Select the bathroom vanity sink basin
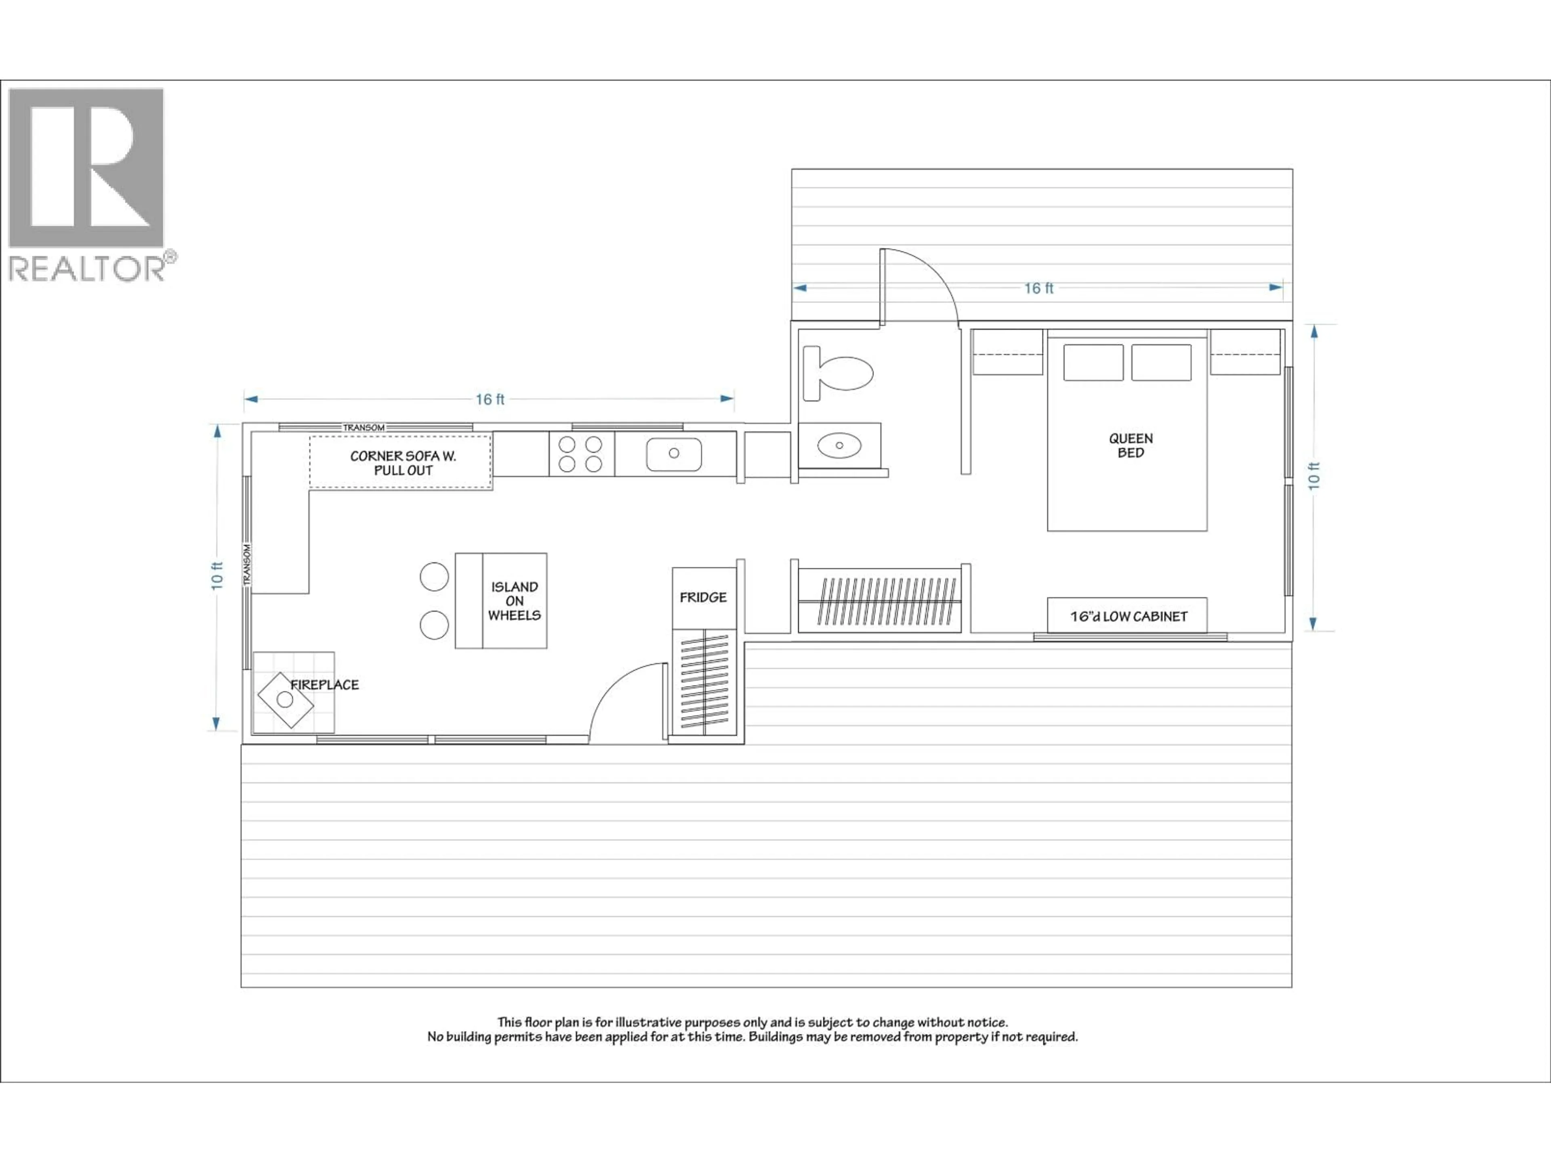pos(839,445)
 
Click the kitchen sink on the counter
pos(673,453)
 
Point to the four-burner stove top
pos(580,453)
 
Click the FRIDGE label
pos(702,597)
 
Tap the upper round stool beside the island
pos(434,576)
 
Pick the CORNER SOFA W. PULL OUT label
pos(402,463)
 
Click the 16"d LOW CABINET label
pos(1128,616)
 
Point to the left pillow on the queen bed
pos(1093,363)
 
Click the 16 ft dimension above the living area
pos(490,399)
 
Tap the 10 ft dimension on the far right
pos(1314,476)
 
